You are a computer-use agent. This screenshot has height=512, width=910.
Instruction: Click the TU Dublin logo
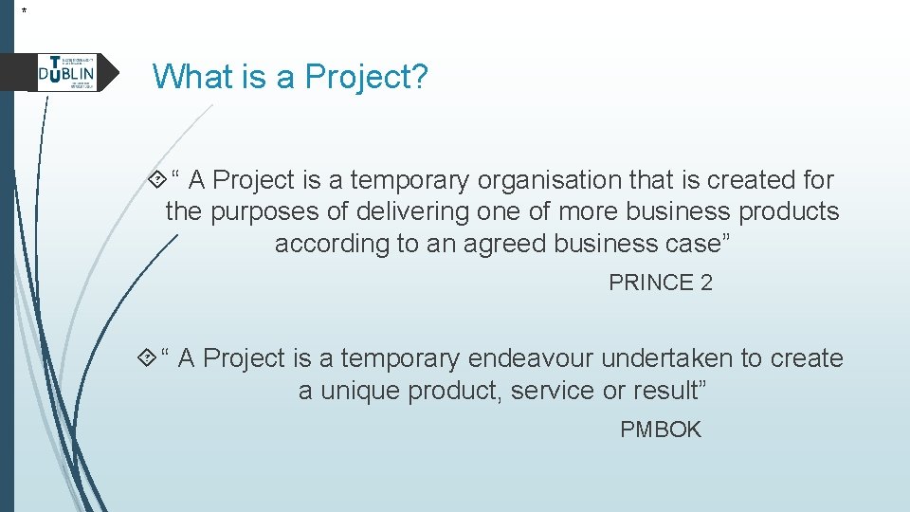66,72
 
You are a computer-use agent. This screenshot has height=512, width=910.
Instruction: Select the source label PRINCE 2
660,283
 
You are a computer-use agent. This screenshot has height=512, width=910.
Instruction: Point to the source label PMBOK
660,430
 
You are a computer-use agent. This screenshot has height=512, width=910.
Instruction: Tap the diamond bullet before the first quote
156,179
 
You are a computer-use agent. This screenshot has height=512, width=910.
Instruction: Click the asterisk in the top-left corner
25,10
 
